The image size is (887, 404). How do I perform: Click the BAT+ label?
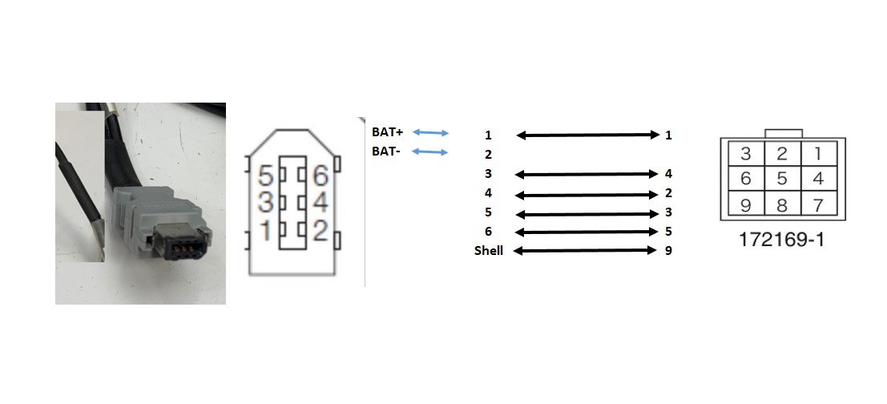click(x=387, y=131)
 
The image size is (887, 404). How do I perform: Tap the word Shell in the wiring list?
click(x=488, y=251)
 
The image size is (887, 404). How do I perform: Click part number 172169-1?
click(x=782, y=240)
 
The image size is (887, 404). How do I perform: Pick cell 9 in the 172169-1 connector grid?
click(x=745, y=204)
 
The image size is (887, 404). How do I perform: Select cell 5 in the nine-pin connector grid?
click(x=782, y=179)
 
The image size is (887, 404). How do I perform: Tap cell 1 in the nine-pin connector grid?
click(x=818, y=153)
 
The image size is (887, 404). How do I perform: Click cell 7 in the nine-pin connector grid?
click(x=818, y=204)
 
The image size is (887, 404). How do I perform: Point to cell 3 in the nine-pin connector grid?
click(x=745, y=153)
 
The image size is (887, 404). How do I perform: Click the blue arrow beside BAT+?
click(x=430, y=132)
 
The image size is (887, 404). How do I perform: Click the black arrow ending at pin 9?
click(x=585, y=251)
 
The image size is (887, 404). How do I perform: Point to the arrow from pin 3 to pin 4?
click(x=585, y=174)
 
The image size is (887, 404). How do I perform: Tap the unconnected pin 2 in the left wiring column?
click(x=488, y=155)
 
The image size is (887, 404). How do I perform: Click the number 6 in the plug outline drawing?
click(x=321, y=175)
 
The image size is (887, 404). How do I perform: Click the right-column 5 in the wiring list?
click(x=667, y=232)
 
